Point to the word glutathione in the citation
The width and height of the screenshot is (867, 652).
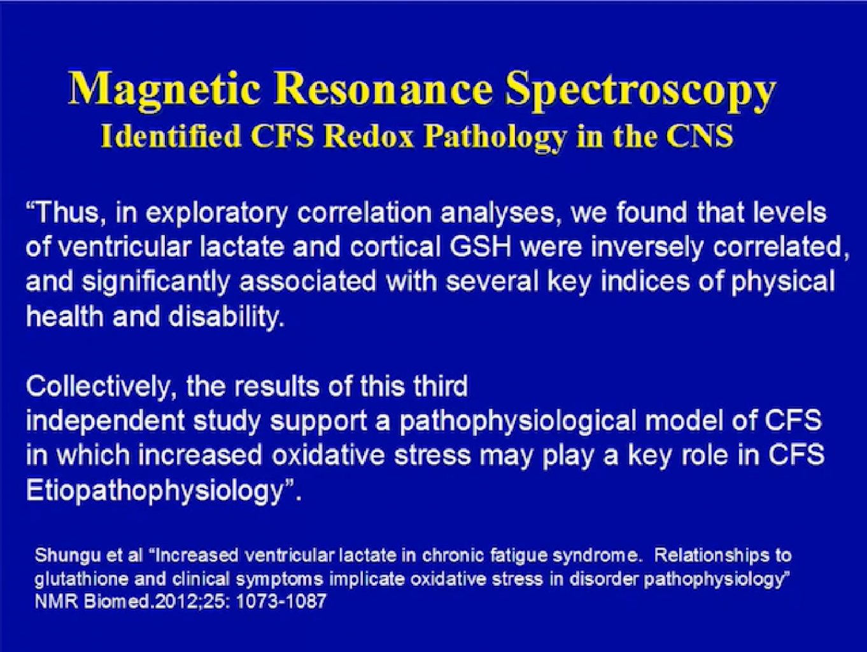click(81, 579)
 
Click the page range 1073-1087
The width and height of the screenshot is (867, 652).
click(281, 602)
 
